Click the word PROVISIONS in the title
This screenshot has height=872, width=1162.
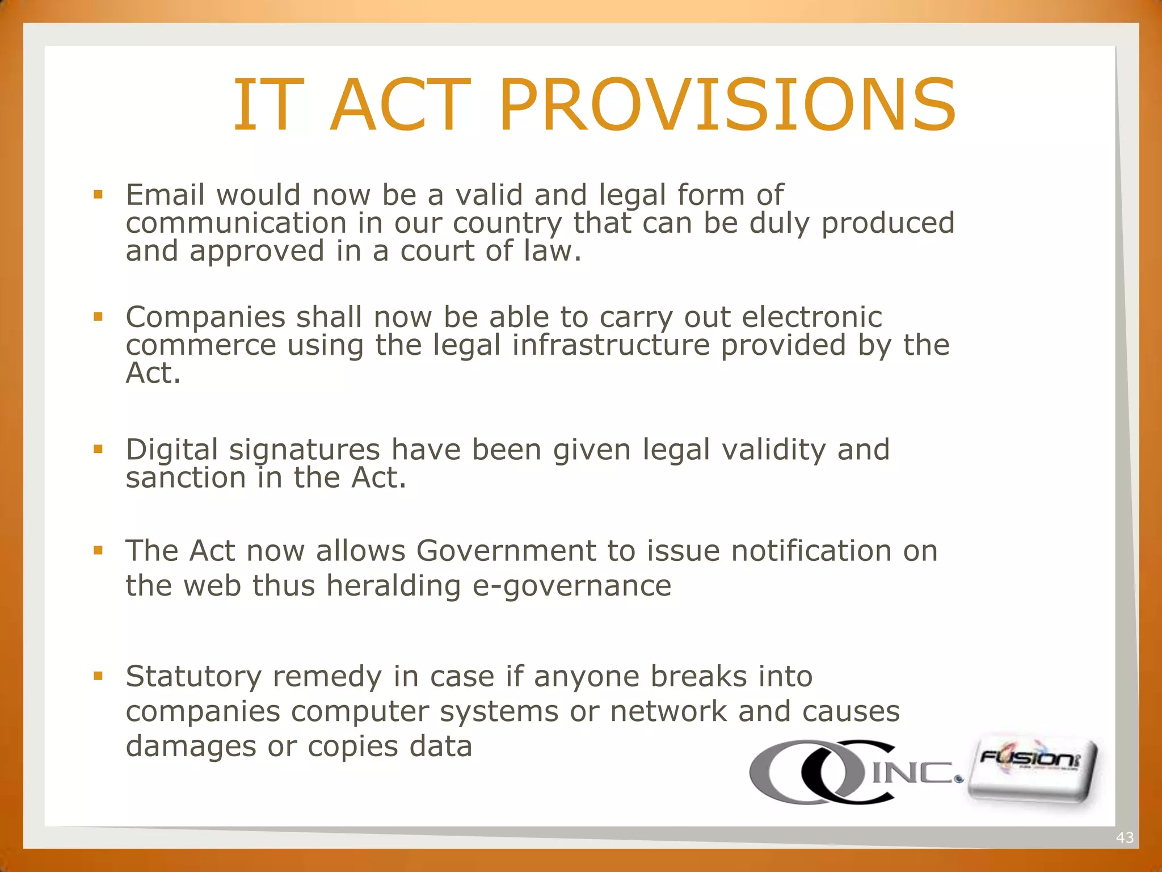728,106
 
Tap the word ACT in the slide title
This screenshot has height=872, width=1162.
400,106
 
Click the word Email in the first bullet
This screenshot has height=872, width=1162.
165,195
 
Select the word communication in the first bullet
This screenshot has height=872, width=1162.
236,223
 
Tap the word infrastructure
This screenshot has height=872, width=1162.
611,345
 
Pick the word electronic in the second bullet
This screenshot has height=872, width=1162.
812,317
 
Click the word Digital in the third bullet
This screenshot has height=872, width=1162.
172,450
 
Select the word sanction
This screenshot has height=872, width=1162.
186,478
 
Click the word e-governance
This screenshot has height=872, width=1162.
572,586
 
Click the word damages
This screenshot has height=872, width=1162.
191,747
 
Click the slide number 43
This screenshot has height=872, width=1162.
1125,837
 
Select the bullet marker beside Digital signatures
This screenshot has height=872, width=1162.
98,450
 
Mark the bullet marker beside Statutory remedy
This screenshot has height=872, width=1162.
98,676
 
